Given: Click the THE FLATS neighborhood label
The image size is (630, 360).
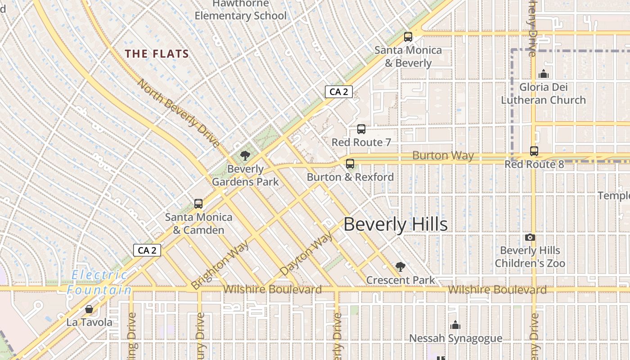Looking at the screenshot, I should point(157,54).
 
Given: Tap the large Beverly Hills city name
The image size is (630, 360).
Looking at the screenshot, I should point(396,224).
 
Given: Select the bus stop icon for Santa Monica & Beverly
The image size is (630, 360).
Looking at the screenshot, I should point(408,37).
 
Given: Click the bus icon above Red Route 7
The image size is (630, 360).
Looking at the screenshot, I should point(361,129).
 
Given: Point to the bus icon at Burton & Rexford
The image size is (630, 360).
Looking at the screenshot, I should point(350,164).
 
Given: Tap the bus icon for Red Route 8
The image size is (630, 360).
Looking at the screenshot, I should point(534,151).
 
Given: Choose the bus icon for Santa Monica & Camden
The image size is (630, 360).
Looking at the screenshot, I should point(198,204).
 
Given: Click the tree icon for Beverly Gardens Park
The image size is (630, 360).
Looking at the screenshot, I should point(245,156).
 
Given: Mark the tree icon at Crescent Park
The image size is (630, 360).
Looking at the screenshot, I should point(400,267).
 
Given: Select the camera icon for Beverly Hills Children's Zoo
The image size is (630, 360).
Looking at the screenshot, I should point(530,237).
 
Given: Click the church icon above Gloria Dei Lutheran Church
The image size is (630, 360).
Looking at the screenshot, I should point(543,74).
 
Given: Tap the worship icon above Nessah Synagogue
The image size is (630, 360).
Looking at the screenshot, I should point(455,324).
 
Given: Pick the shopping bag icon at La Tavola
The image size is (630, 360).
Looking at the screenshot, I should point(89,309).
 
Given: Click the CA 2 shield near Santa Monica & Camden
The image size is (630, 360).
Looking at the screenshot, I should point(147,250).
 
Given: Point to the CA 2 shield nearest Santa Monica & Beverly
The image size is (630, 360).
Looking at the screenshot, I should point(338,92).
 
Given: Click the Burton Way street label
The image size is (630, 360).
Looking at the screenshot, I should point(443,156).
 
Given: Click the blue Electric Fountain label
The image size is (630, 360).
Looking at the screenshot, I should point(99,282).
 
